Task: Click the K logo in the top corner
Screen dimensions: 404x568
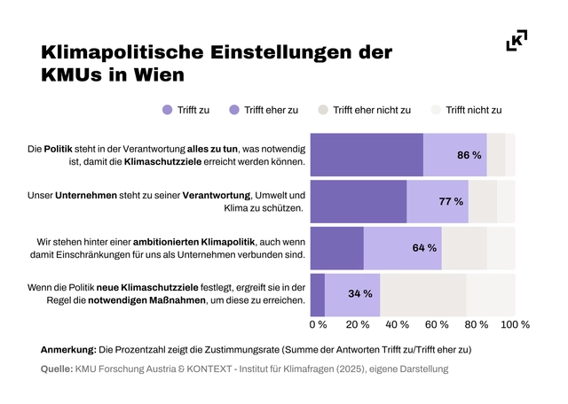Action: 516,41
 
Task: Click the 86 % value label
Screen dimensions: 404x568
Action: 469,155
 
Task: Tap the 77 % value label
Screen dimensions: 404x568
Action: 451,202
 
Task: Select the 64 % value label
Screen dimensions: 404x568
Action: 424,248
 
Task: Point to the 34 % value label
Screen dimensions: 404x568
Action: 359,294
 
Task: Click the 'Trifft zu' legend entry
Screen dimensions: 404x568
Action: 185,111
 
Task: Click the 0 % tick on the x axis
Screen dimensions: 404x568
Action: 318,324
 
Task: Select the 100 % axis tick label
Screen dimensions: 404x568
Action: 516,324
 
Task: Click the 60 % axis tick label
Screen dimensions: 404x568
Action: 437,324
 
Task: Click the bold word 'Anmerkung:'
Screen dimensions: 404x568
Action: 68,350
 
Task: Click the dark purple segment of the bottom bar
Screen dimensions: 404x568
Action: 319,294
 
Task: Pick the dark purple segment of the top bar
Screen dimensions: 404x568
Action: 367,155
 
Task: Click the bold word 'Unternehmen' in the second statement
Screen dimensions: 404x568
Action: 86,195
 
